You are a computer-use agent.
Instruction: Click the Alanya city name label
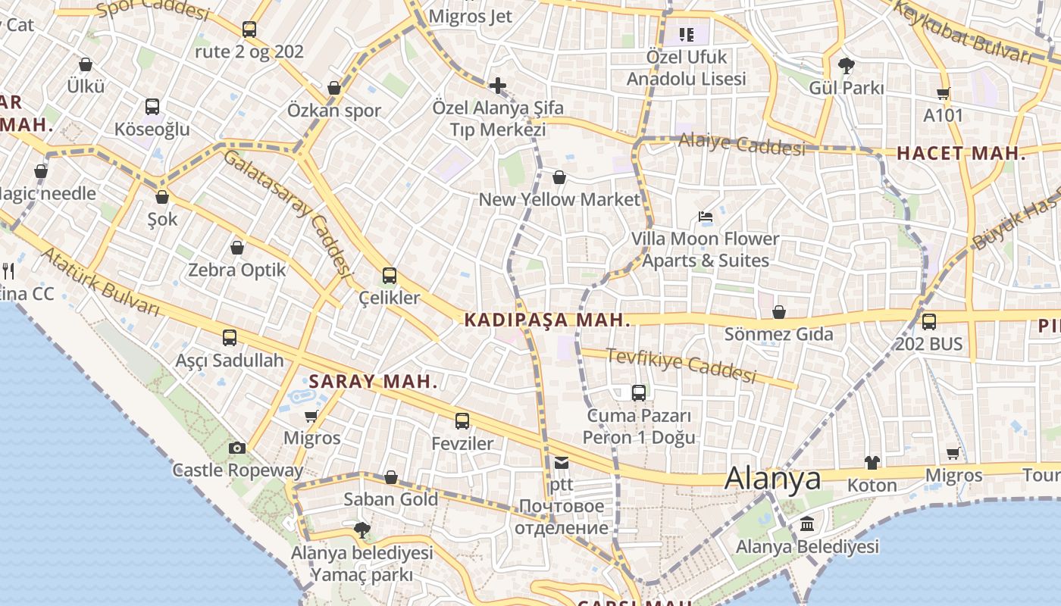click(x=772, y=479)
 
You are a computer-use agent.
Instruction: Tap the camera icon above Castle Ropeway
click(x=237, y=448)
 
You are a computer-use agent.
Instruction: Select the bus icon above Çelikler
click(x=390, y=276)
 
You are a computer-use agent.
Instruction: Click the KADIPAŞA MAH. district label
click(x=547, y=320)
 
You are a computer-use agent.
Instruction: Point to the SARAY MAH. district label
click(x=373, y=381)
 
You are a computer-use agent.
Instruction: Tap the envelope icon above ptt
click(x=561, y=462)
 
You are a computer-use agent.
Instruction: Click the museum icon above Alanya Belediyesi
click(x=807, y=524)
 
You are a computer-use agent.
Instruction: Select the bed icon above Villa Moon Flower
click(x=706, y=217)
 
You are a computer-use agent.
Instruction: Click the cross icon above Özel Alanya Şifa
click(x=498, y=85)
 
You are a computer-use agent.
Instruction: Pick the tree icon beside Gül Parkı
click(x=847, y=65)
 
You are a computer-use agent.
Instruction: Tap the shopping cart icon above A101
click(x=944, y=94)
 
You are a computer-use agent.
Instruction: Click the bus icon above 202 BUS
click(x=929, y=321)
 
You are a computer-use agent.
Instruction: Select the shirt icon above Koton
click(x=872, y=462)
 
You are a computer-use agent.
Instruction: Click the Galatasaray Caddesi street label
click(x=289, y=213)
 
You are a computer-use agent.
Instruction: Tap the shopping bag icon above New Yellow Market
click(x=559, y=177)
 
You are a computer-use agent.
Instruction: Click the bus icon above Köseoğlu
click(x=152, y=107)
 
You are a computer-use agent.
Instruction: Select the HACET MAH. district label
click(x=961, y=154)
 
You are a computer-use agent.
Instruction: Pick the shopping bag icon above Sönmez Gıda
click(x=779, y=312)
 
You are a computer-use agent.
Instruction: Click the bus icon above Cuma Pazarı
click(x=639, y=392)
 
